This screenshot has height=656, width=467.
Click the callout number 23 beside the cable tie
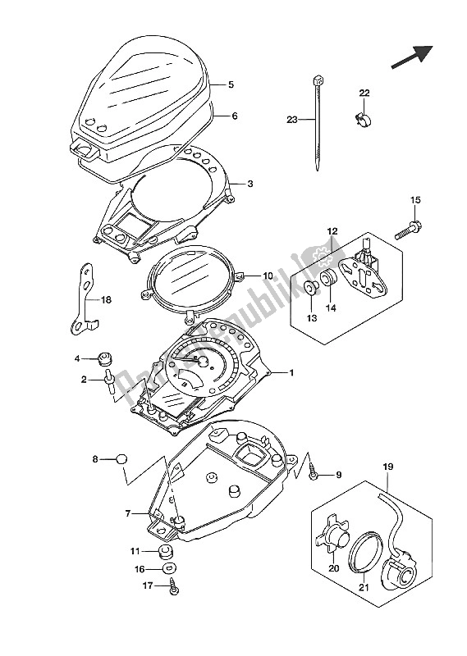pos(291,120)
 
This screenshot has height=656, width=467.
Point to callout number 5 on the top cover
pos(231,84)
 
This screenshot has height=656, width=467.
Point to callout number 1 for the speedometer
pos(290,372)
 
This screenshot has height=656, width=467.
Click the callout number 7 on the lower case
pos(128,513)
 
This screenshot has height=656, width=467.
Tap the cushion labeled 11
pos(163,551)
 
